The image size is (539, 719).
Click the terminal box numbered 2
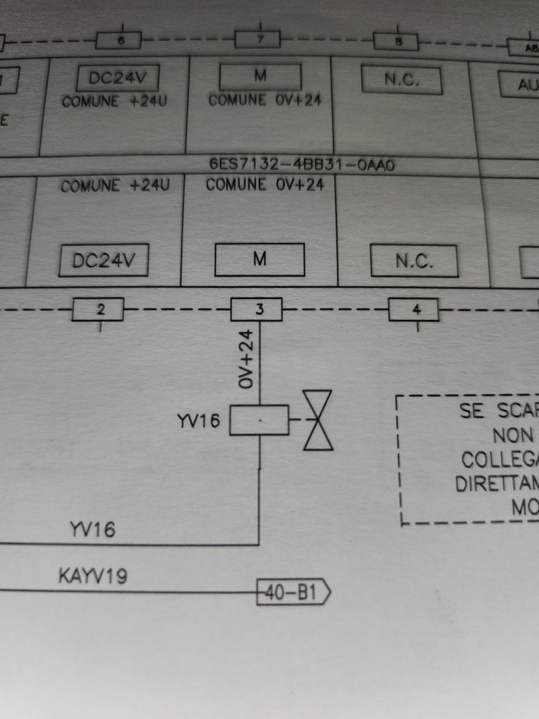[x=100, y=310]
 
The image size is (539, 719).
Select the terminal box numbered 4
[x=415, y=311]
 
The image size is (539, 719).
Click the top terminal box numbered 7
[x=258, y=40]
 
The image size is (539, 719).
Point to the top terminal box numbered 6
[x=120, y=40]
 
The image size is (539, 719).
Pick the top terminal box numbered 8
[x=397, y=42]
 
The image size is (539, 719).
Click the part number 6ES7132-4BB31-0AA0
[x=302, y=165]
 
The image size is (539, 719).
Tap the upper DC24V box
[x=117, y=78]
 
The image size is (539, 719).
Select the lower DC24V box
[x=105, y=261]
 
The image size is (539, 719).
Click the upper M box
[x=260, y=77]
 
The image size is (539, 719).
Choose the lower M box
[x=259, y=260]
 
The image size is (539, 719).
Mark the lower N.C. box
[x=414, y=262]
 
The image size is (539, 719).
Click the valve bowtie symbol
[x=318, y=421]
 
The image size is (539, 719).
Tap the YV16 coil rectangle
[x=259, y=421]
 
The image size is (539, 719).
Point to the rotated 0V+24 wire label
[x=247, y=360]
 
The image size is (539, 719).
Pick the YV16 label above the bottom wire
[x=91, y=531]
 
